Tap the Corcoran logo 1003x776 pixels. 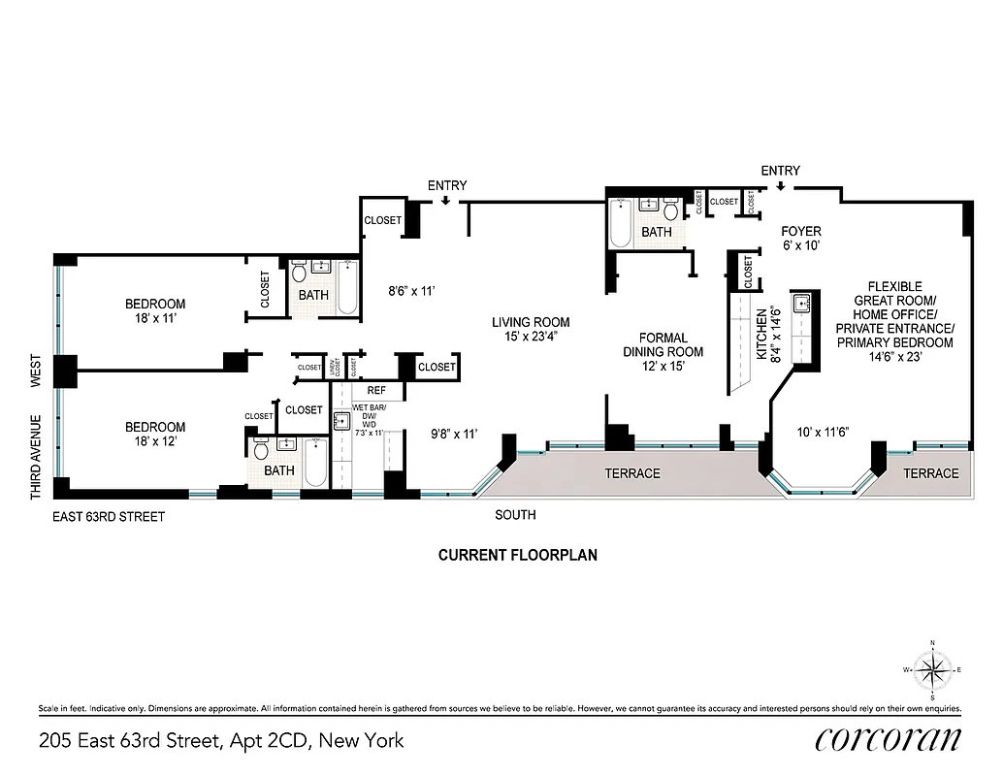[x=888, y=739]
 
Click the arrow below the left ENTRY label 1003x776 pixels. [x=445, y=202]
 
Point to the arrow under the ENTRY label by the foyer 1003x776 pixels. [x=780, y=186]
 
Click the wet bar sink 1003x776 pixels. [x=341, y=421]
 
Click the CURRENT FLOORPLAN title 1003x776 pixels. [x=517, y=556]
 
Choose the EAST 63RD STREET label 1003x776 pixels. [x=109, y=517]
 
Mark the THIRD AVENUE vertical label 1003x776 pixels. [x=36, y=457]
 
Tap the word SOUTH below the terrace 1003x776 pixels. [x=515, y=514]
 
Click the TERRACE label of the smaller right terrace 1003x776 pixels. [x=931, y=473]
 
